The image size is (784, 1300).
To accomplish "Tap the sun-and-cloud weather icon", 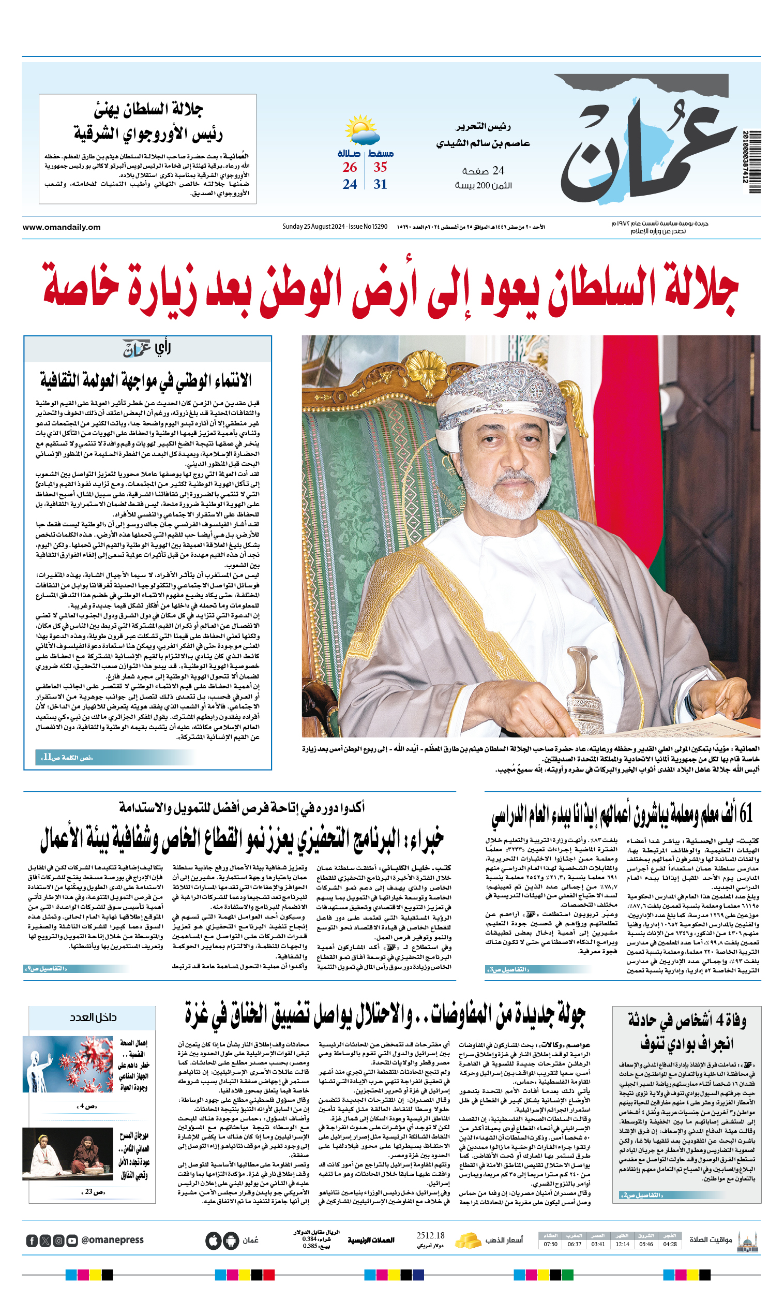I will pos(362,130).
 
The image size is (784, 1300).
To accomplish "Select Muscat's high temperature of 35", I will pos(380,168).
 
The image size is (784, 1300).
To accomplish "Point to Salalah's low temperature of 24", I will pos(350,185).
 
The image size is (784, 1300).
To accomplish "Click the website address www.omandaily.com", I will pos(61,227).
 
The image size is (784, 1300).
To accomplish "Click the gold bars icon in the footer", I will pos(468,1240).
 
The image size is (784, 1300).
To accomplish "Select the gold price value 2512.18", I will pos(430,1236).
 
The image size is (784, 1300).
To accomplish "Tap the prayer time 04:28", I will pos(670,1244).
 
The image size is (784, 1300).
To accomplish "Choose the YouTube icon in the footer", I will pos(72,1241).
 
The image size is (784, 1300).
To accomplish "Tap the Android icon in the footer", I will pos(231,1240).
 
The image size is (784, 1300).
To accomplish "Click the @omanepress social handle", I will pos(112,1240).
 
